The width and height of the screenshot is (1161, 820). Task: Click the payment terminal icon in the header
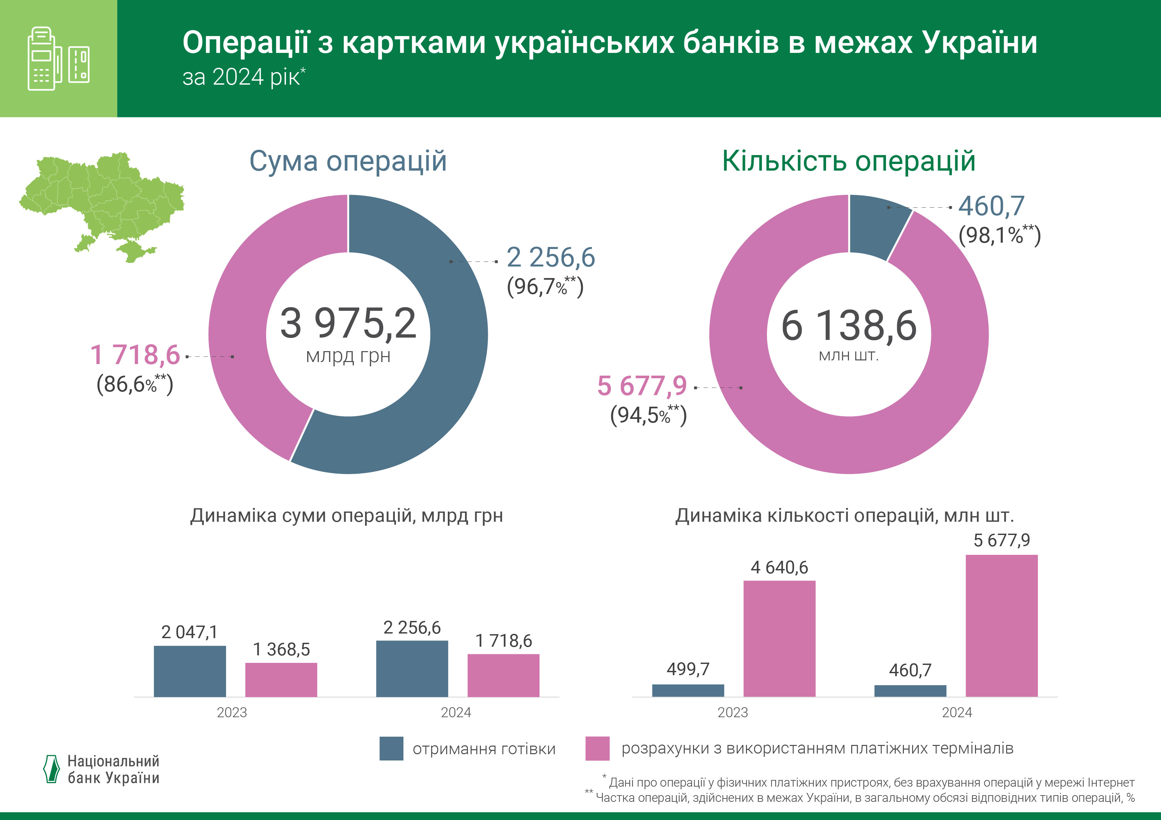coord(58,59)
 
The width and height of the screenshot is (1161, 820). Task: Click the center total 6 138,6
coord(849,326)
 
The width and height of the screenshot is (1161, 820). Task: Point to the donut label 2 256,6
coord(551,258)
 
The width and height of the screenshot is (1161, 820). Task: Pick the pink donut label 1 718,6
coord(135,355)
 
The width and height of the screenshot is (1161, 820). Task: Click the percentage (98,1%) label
coord(999,235)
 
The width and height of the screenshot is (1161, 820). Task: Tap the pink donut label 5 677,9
coord(642,386)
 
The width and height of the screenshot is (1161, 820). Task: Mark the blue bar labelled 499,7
coord(688,690)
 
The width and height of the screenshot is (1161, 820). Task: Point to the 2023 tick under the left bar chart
coord(232,713)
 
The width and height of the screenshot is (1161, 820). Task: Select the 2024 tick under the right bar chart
coord(957,713)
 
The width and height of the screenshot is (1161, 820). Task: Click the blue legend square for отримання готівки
coord(392,748)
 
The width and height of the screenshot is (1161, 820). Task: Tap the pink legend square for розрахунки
coord(597,748)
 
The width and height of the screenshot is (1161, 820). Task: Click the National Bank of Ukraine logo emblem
coord(52,769)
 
